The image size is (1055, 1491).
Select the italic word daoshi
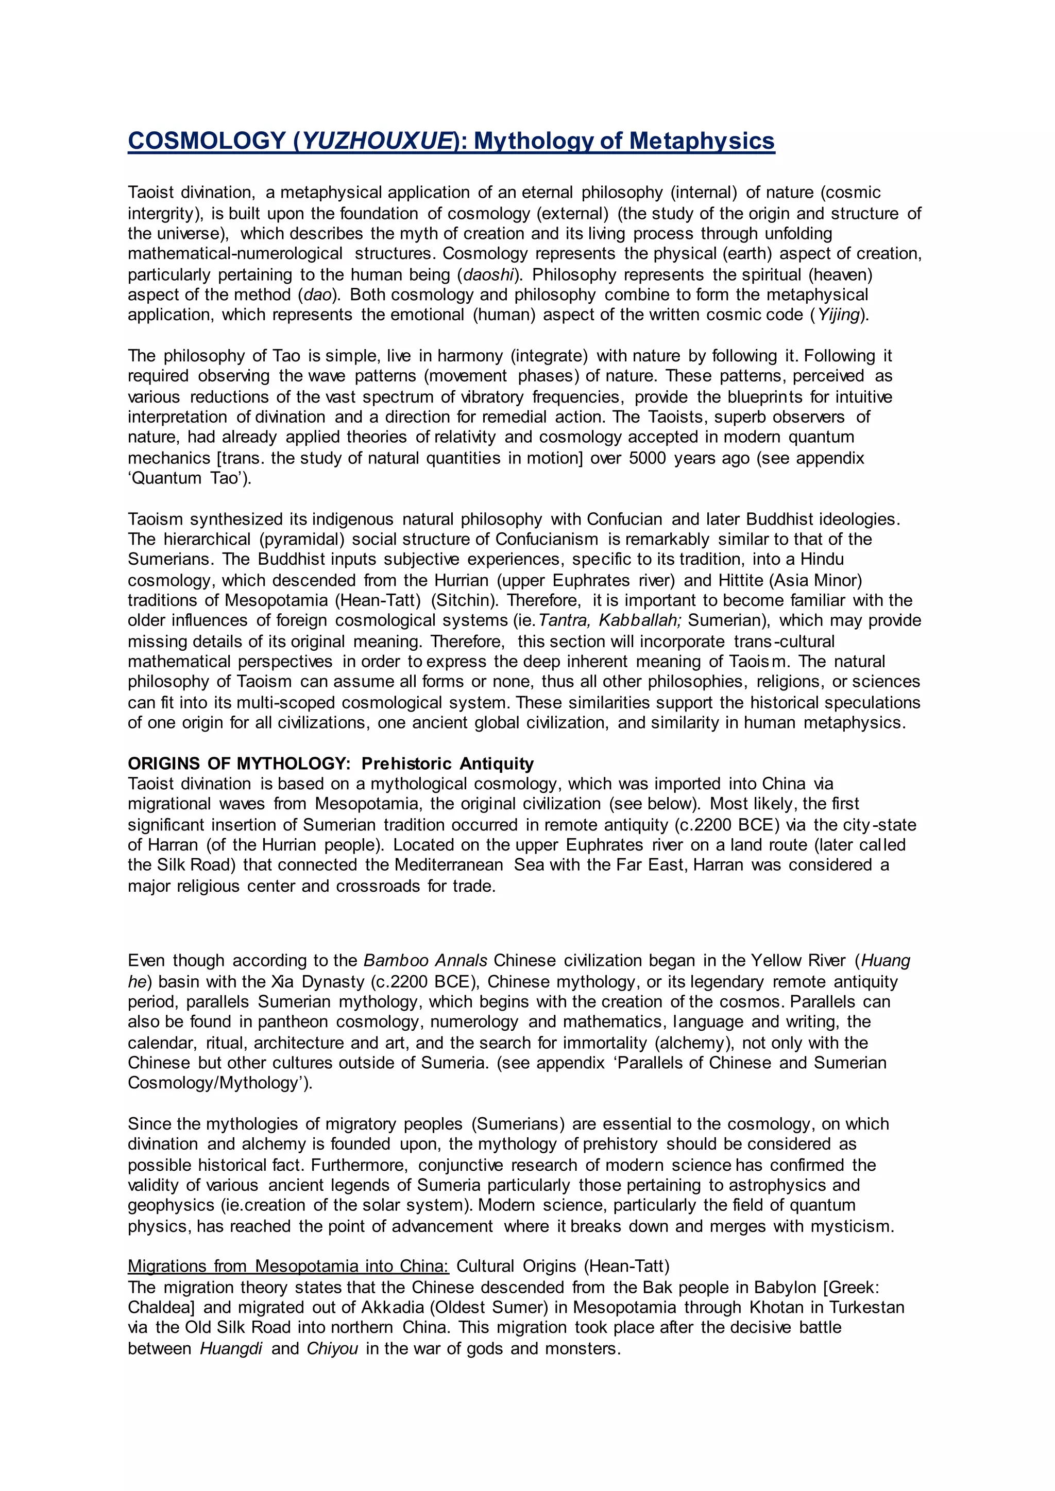(x=488, y=275)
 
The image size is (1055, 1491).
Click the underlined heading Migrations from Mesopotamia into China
(x=288, y=1267)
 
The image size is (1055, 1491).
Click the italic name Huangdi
(x=231, y=1349)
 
